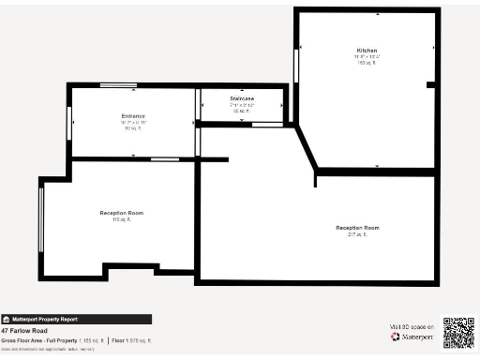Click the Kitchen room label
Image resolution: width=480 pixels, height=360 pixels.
tap(367, 50)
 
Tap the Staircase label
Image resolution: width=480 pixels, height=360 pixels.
tap(242, 98)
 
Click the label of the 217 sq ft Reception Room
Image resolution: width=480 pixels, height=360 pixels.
tap(357, 228)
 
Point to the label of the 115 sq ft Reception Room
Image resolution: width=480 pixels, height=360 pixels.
tap(121, 213)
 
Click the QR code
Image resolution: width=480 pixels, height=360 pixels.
tap(458, 332)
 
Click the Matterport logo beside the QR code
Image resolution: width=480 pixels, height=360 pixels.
tap(409, 336)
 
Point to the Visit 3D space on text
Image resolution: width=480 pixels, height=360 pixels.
tap(411, 326)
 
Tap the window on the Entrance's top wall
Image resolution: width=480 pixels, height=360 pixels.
tap(118, 86)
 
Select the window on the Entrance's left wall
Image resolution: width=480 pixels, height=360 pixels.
tap(70, 122)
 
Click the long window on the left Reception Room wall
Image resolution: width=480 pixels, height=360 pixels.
tap(41, 217)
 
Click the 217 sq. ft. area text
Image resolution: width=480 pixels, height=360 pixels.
tap(357, 235)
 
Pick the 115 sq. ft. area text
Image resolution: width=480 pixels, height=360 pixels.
tap(121, 220)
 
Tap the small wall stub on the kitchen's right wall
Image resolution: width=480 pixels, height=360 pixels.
tap(431, 85)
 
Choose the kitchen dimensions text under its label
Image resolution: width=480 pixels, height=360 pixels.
tap(367, 56)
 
